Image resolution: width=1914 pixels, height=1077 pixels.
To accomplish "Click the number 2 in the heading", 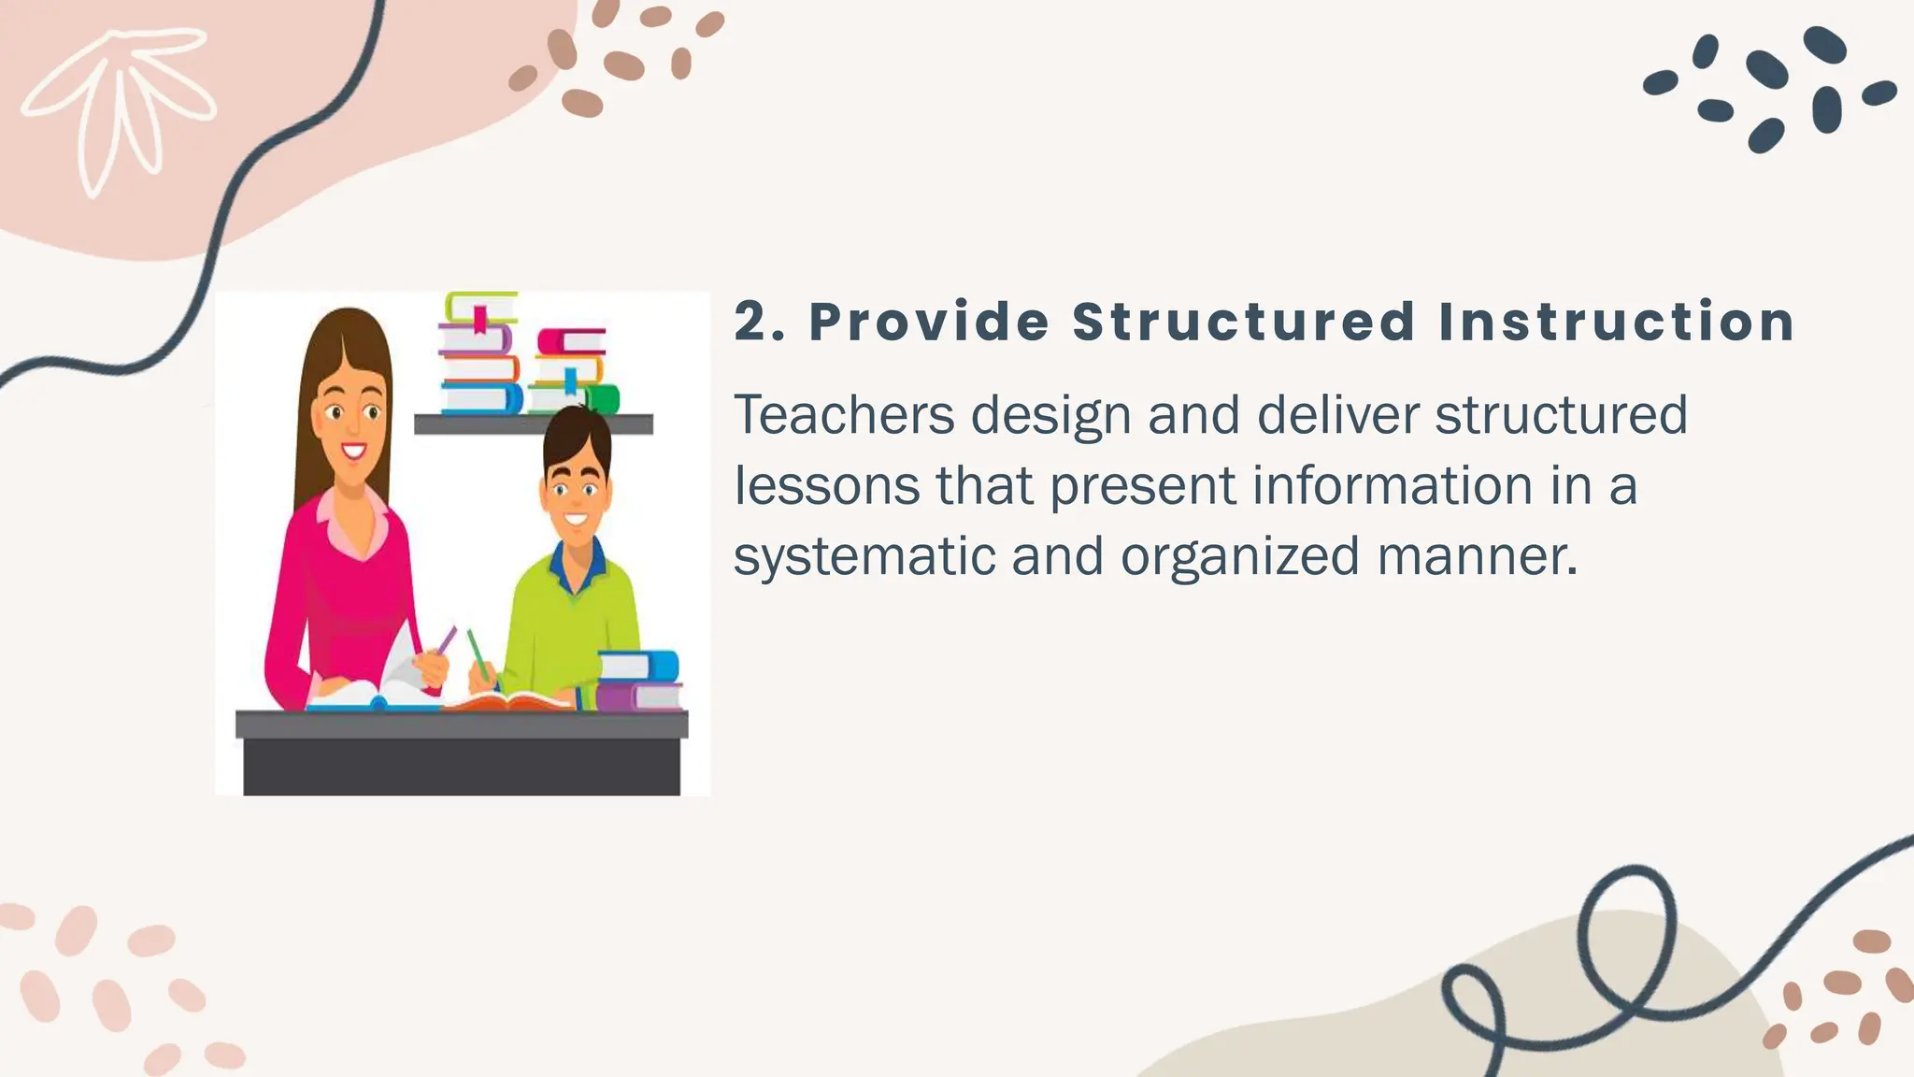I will tap(750, 322).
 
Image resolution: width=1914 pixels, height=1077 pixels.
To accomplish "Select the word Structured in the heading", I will tap(1243, 322).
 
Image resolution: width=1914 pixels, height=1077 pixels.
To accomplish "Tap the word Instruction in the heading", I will tap(1616, 322).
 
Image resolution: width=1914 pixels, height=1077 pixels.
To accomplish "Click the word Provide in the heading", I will tap(929, 322).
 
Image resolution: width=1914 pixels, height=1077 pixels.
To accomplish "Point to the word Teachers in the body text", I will tap(843, 414).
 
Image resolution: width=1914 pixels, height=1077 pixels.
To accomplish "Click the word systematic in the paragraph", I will tap(864, 556).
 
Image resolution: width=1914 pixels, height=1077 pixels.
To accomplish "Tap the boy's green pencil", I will tap(478, 652).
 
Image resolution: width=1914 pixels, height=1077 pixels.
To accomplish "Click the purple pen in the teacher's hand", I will tap(447, 639).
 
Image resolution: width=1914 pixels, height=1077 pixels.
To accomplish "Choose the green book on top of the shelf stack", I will tap(480, 305).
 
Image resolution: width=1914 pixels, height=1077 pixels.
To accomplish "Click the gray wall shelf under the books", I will tap(533, 424).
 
